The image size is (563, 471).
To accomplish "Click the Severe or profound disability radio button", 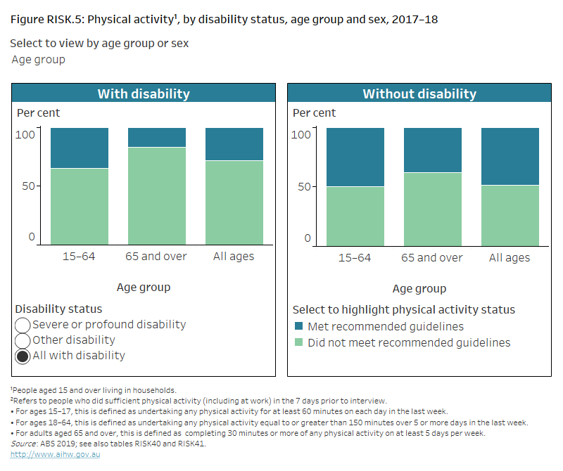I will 23,325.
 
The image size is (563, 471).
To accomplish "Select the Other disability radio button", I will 23,340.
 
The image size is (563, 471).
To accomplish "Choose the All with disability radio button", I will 23,356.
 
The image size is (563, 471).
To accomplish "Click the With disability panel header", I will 144,93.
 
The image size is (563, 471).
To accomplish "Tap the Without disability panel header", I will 419,93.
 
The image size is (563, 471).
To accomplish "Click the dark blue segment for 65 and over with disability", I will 156,138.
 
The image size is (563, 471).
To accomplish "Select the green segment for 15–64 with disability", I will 80,206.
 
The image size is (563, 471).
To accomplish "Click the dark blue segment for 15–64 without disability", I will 355,157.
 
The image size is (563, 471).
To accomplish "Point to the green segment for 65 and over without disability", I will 433,208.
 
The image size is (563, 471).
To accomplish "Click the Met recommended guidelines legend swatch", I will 298,327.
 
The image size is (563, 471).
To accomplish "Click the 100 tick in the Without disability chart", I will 301,134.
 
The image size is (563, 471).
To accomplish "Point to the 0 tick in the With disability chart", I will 31,238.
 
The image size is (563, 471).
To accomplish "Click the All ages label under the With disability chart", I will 234,257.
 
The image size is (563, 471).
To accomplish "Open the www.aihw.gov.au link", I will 45,454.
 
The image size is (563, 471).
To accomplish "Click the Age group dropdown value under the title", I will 39,60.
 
